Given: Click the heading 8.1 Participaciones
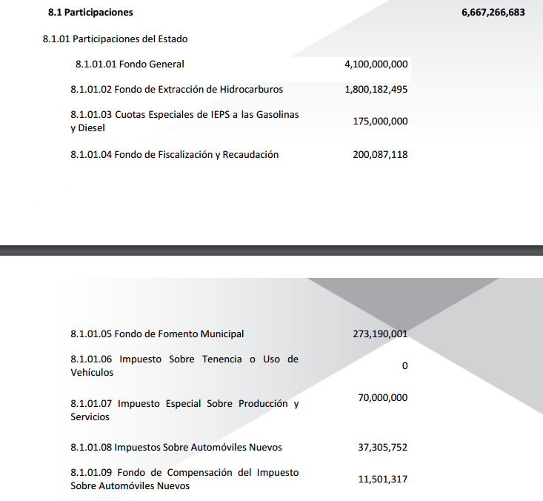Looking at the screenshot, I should point(90,13).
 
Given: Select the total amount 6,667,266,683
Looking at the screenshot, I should point(493,13).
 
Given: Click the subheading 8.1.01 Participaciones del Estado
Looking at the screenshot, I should point(115,39).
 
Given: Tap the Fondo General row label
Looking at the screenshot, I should point(130,64).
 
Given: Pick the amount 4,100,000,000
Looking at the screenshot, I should point(376,64).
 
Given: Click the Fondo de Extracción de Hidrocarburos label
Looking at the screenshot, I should point(176,90).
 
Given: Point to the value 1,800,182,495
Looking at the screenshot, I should point(376,90).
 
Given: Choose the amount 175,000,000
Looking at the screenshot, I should point(380,121).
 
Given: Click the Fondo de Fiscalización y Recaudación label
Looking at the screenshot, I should point(174,155).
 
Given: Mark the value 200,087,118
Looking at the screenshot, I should point(380,155).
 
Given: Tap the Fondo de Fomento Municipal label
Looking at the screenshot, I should point(157,334).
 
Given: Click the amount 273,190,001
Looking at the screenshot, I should point(380,334).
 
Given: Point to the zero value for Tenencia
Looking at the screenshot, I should point(404,366).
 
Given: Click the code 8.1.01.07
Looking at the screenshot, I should point(91,404).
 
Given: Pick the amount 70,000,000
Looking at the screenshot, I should point(382,398).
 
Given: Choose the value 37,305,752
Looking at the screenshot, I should point(382,448).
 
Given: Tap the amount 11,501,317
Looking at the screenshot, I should point(382,480).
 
